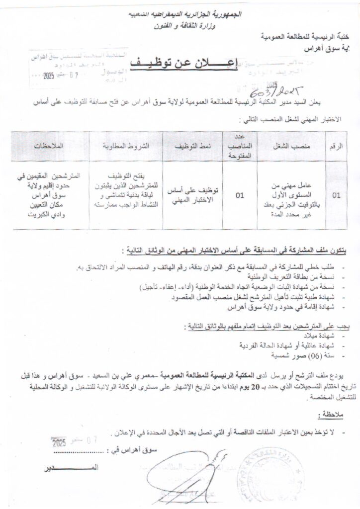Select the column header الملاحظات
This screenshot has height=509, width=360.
click(48, 147)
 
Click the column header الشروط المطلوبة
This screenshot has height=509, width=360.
click(126, 147)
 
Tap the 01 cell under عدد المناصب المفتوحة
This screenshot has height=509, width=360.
click(240, 195)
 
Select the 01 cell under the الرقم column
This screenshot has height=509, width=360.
click(337, 195)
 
